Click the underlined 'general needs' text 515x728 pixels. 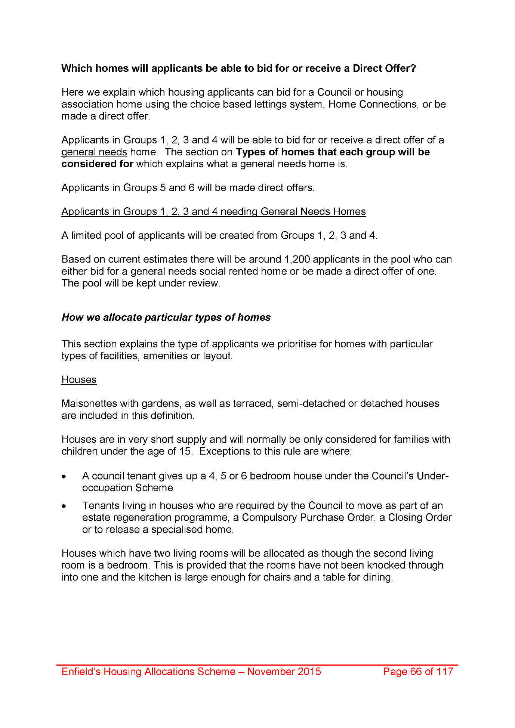pos(94,152)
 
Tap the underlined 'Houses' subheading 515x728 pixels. pos(79,380)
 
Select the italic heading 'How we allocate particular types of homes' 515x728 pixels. pos(166,317)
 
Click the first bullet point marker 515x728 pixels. pos(65,477)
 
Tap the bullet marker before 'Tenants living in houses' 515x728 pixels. pos(65,506)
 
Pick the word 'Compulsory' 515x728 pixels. pos(269,517)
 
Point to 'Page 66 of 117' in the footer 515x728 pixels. pos(418,672)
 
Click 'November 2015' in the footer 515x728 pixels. pos(284,672)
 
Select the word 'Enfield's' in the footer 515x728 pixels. pos(81,672)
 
